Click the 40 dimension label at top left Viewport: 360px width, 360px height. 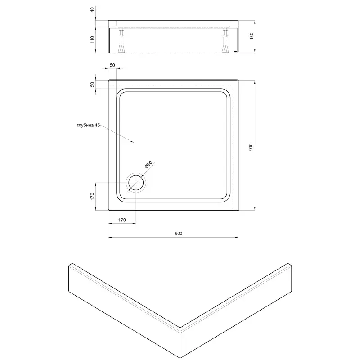coord(93,9)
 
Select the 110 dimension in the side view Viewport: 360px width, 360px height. coord(92,40)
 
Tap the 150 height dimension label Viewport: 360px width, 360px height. coord(252,36)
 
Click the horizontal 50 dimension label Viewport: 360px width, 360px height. coord(112,65)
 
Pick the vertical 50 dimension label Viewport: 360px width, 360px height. coord(92,84)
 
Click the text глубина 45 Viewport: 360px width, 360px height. coord(88,126)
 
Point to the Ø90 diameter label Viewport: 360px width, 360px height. coord(149,165)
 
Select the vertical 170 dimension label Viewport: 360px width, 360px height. coord(92,196)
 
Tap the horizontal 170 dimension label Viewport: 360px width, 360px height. coord(122,220)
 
